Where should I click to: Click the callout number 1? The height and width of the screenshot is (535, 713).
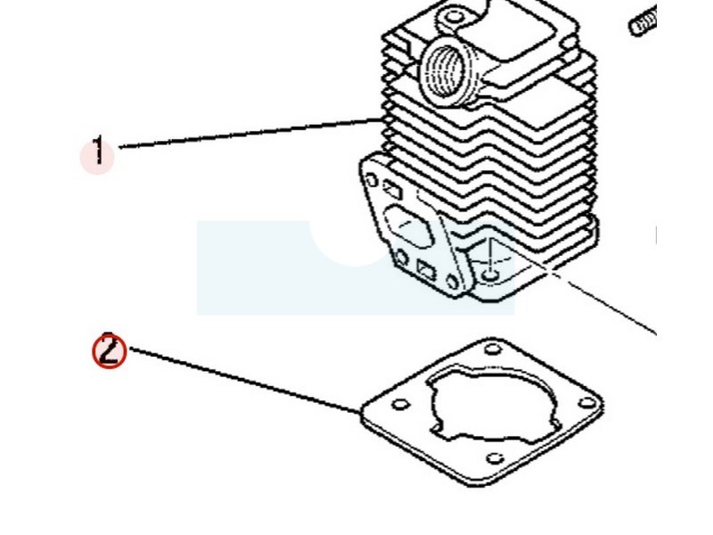(x=98, y=153)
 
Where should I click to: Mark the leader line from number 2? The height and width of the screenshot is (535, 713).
(x=241, y=382)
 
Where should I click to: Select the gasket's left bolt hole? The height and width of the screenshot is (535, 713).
(x=398, y=405)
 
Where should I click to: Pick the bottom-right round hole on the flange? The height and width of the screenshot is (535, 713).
(x=453, y=284)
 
